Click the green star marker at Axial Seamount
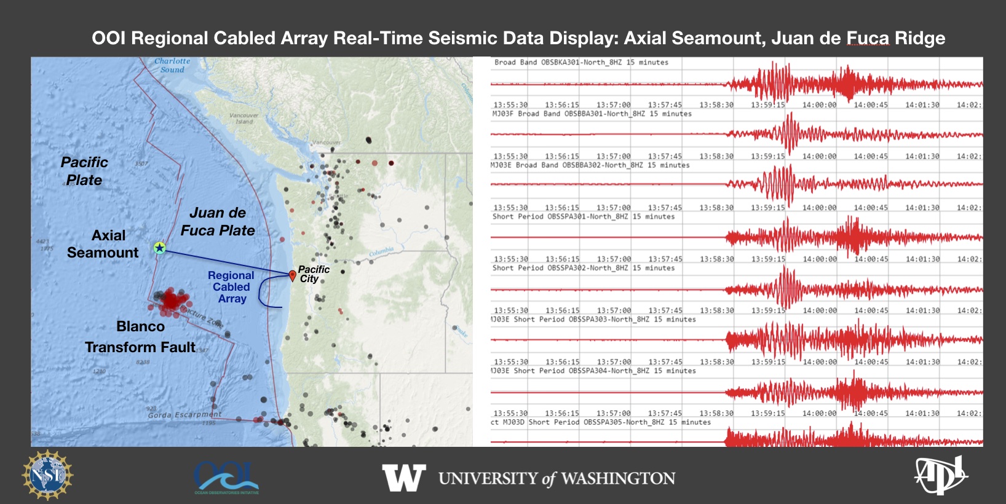(x=159, y=248)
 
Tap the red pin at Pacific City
(x=293, y=275)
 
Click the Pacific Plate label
(x=84, y=171)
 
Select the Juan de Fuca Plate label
(x=218, y=221)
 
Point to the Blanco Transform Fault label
(x=140, y=337)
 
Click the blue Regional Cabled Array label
(x=231, y=287)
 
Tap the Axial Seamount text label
(x=103, y=244)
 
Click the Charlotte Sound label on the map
(x=172, y=65)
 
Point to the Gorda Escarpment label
(x=184, y=415)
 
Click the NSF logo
(x=47, y=475)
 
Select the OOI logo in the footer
(x=226, y=477)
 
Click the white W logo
(x=403, y=478)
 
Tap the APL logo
(x=940, y=475)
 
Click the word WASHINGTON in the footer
(x=618, y=478)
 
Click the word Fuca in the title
(x=868, y=38)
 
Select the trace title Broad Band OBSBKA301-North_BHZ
(x=580, y=62)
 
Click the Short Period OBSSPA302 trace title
(x=583, y=268)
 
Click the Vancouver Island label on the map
(x=244, y=118)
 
